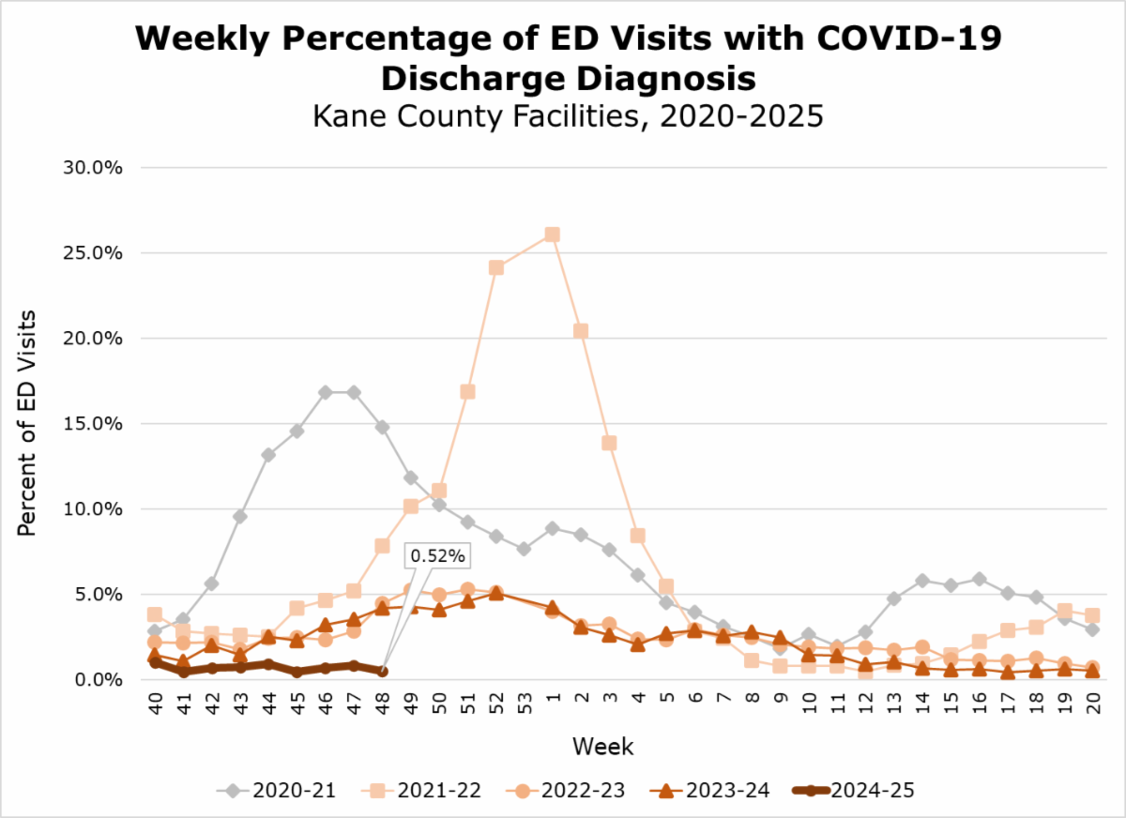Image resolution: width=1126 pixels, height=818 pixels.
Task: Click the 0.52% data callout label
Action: pyautogui.click(x=437, y=555)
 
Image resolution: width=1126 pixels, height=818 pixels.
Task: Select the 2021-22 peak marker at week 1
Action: pyautogui.click(x=553, y=234)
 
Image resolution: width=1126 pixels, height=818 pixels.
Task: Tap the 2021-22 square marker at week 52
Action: pyautogui.click(x=496, y=267)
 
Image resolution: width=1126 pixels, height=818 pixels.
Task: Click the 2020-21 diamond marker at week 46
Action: pyautogui.click(x=326, y=392)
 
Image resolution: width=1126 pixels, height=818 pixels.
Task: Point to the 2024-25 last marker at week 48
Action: pyautogui.click(x=383, y=671)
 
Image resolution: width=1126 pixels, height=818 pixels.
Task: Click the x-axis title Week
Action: pyautogui.click(x=603, y=747)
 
